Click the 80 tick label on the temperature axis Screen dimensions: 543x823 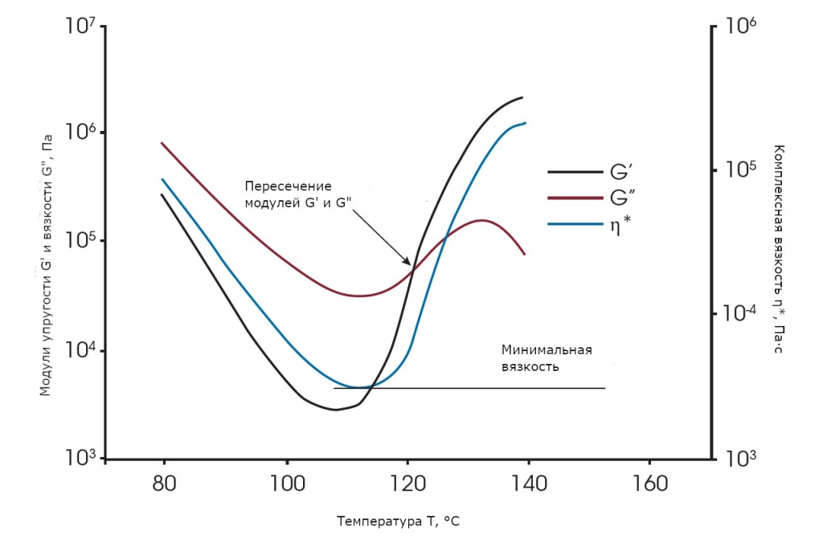[164, 484]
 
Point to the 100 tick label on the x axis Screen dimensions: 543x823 [286, 484]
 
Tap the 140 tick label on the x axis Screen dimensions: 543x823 [529, 484]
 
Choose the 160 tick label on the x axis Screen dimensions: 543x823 [649, 484]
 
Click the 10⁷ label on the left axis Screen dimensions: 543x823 [80, 29]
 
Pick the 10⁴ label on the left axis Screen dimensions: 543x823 [80, 350]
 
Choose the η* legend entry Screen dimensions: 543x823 [619, 225]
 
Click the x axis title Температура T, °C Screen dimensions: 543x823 [398, 522]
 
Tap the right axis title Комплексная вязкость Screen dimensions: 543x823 [778, 248]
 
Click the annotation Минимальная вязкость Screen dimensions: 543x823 [547, 357]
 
